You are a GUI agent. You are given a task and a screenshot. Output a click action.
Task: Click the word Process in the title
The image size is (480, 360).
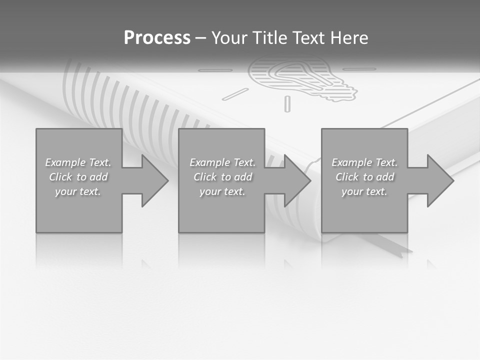(157, 38)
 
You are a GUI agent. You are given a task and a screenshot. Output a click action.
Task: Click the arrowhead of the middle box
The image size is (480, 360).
(296, 180)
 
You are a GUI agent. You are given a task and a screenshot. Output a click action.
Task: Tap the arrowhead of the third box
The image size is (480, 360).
(439, 180)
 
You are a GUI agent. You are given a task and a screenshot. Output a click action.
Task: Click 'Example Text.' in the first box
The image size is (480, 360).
(78, 162)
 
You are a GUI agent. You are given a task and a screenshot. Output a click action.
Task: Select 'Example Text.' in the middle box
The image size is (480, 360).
(222, 162)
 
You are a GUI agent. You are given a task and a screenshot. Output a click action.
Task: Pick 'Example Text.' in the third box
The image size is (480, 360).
(364, 162)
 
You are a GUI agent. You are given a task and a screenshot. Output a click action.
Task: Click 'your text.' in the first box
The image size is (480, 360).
(78, 191)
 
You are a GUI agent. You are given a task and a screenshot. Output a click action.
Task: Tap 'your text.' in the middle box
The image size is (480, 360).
(222, 191)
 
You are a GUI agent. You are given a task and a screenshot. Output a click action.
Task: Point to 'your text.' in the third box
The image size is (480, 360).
(364, 191)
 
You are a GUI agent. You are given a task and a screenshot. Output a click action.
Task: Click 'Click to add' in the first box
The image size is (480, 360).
(78, 177)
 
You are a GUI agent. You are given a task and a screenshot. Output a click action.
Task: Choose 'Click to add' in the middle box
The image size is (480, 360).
(222, 177)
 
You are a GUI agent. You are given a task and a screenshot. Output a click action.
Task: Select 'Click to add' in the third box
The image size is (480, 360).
(364, 177)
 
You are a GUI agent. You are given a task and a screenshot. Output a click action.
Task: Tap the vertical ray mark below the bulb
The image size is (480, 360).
(287, 103)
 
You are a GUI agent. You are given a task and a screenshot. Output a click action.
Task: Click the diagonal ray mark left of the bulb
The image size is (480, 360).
(235, 93)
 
